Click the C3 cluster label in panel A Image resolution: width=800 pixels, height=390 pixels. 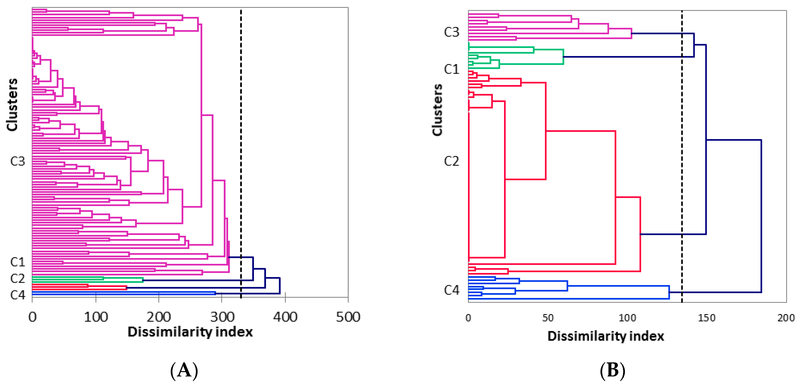(17, 161)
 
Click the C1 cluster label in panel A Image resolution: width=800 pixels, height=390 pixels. (17, 262)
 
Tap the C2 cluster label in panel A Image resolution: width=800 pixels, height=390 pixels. (17, 278)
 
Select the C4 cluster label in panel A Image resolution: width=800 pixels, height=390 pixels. (17, 295)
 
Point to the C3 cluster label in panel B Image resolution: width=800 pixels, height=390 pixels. (451, 32)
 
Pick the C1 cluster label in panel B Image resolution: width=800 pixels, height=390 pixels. (451, 69)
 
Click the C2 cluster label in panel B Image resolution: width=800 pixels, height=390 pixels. (451, 161)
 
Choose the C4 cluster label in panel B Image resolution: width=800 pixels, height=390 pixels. (451, 290)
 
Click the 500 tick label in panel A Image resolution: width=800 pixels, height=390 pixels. (348, 317)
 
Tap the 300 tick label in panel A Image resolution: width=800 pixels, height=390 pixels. (222, 317)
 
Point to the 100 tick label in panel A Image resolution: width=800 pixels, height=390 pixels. (96, 317)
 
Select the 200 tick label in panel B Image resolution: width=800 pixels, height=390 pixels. (786, 318)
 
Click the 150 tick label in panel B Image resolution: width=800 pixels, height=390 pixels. (706, 318)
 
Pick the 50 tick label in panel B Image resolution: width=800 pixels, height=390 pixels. (548, 318)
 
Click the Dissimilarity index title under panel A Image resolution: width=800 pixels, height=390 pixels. (190, 332)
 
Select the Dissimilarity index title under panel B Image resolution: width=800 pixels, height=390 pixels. (606, 336)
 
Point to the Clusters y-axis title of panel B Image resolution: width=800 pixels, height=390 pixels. (437, 109)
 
